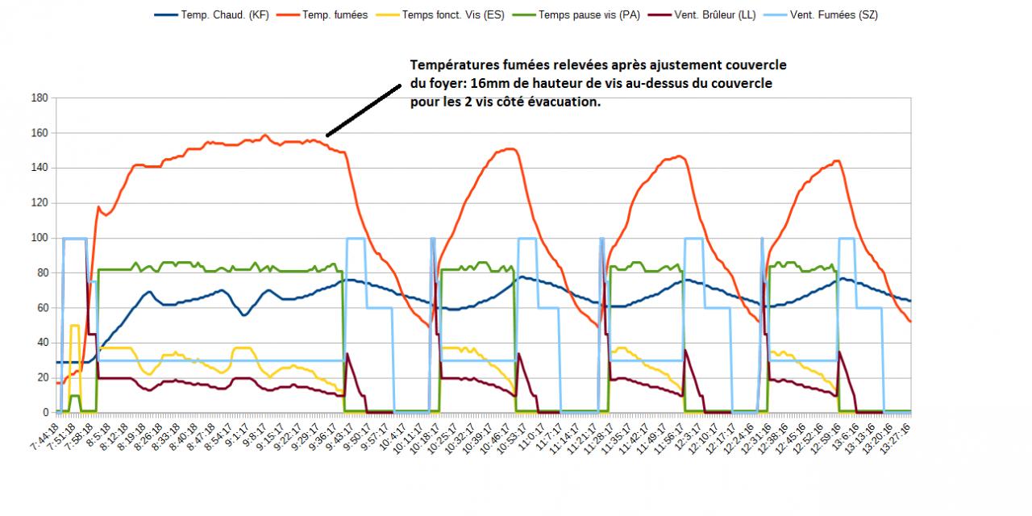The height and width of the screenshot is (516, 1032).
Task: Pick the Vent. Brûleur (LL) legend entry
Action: (715, 15)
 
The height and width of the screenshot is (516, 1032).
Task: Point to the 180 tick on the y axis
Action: (40, 98)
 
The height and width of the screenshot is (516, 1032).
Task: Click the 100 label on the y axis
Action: (40, 238)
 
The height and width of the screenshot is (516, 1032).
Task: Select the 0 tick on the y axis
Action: (45, 413)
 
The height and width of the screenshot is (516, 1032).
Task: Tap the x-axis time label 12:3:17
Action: (696, 439)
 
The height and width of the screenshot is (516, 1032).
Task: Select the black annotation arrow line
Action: (363, 110)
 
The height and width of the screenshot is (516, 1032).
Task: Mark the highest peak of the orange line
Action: (265, 135)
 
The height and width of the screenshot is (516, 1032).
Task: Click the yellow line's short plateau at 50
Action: (74, 326)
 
